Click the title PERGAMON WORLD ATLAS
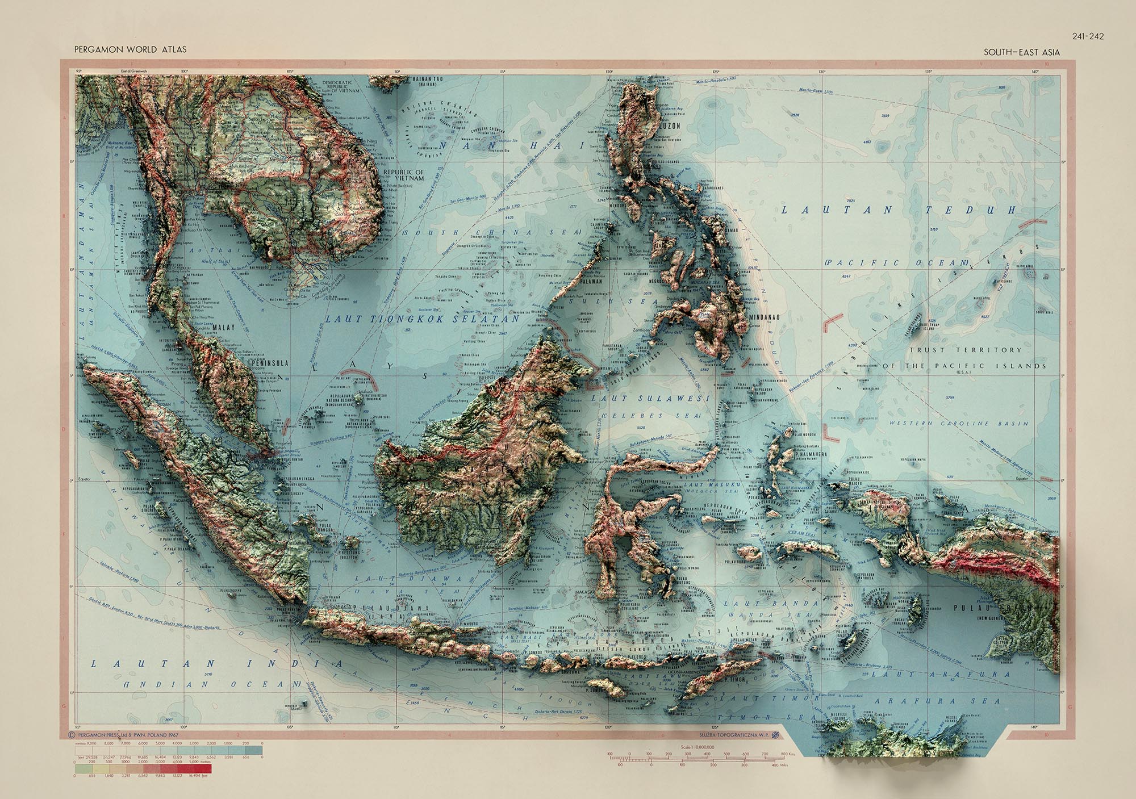pos(130,49)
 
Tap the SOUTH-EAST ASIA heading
pos(1022,52)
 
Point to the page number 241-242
pos(1088,36)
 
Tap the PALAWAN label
pos(594,280)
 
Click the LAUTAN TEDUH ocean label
pos(897,210)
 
